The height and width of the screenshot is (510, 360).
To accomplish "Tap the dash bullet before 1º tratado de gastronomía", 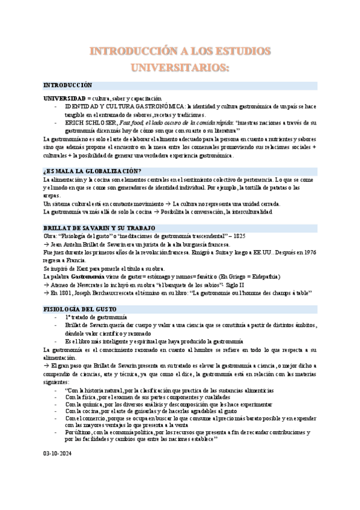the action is pyautogui.click(x=56, y=316).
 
